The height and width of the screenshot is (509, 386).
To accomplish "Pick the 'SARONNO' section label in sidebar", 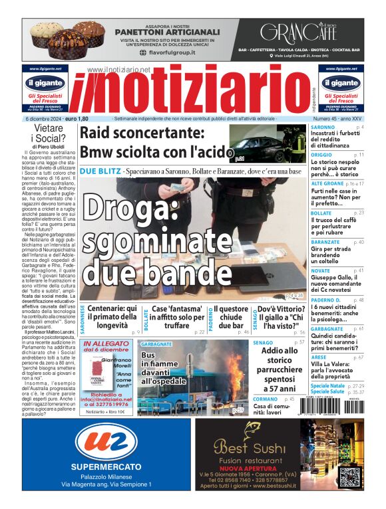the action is tap(323, 127).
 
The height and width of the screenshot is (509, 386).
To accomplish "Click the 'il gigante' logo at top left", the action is tap(45, 83).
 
